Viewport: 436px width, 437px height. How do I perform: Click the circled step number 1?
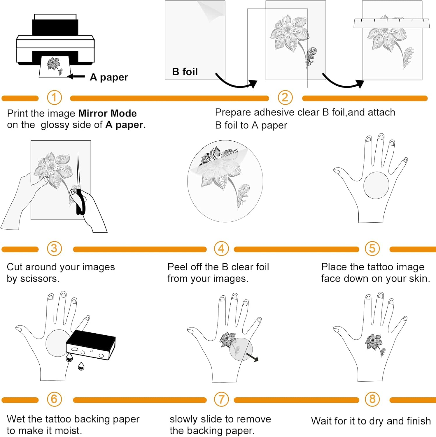pos(54,97)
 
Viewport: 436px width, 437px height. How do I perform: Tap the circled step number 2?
pos(285,97)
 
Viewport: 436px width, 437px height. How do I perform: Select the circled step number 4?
pos(221,249)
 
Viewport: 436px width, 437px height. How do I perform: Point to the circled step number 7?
pos(221,399)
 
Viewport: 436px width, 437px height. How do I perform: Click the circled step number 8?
pos(372,399)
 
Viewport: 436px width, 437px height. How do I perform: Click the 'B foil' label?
pos(185,72)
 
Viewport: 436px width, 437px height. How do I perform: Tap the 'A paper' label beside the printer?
pos(109,77)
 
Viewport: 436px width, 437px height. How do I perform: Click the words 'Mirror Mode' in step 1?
pos(108,113)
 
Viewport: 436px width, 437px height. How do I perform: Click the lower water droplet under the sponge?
pos(81,366)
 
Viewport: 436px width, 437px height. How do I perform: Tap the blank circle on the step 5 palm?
pos(376,185)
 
